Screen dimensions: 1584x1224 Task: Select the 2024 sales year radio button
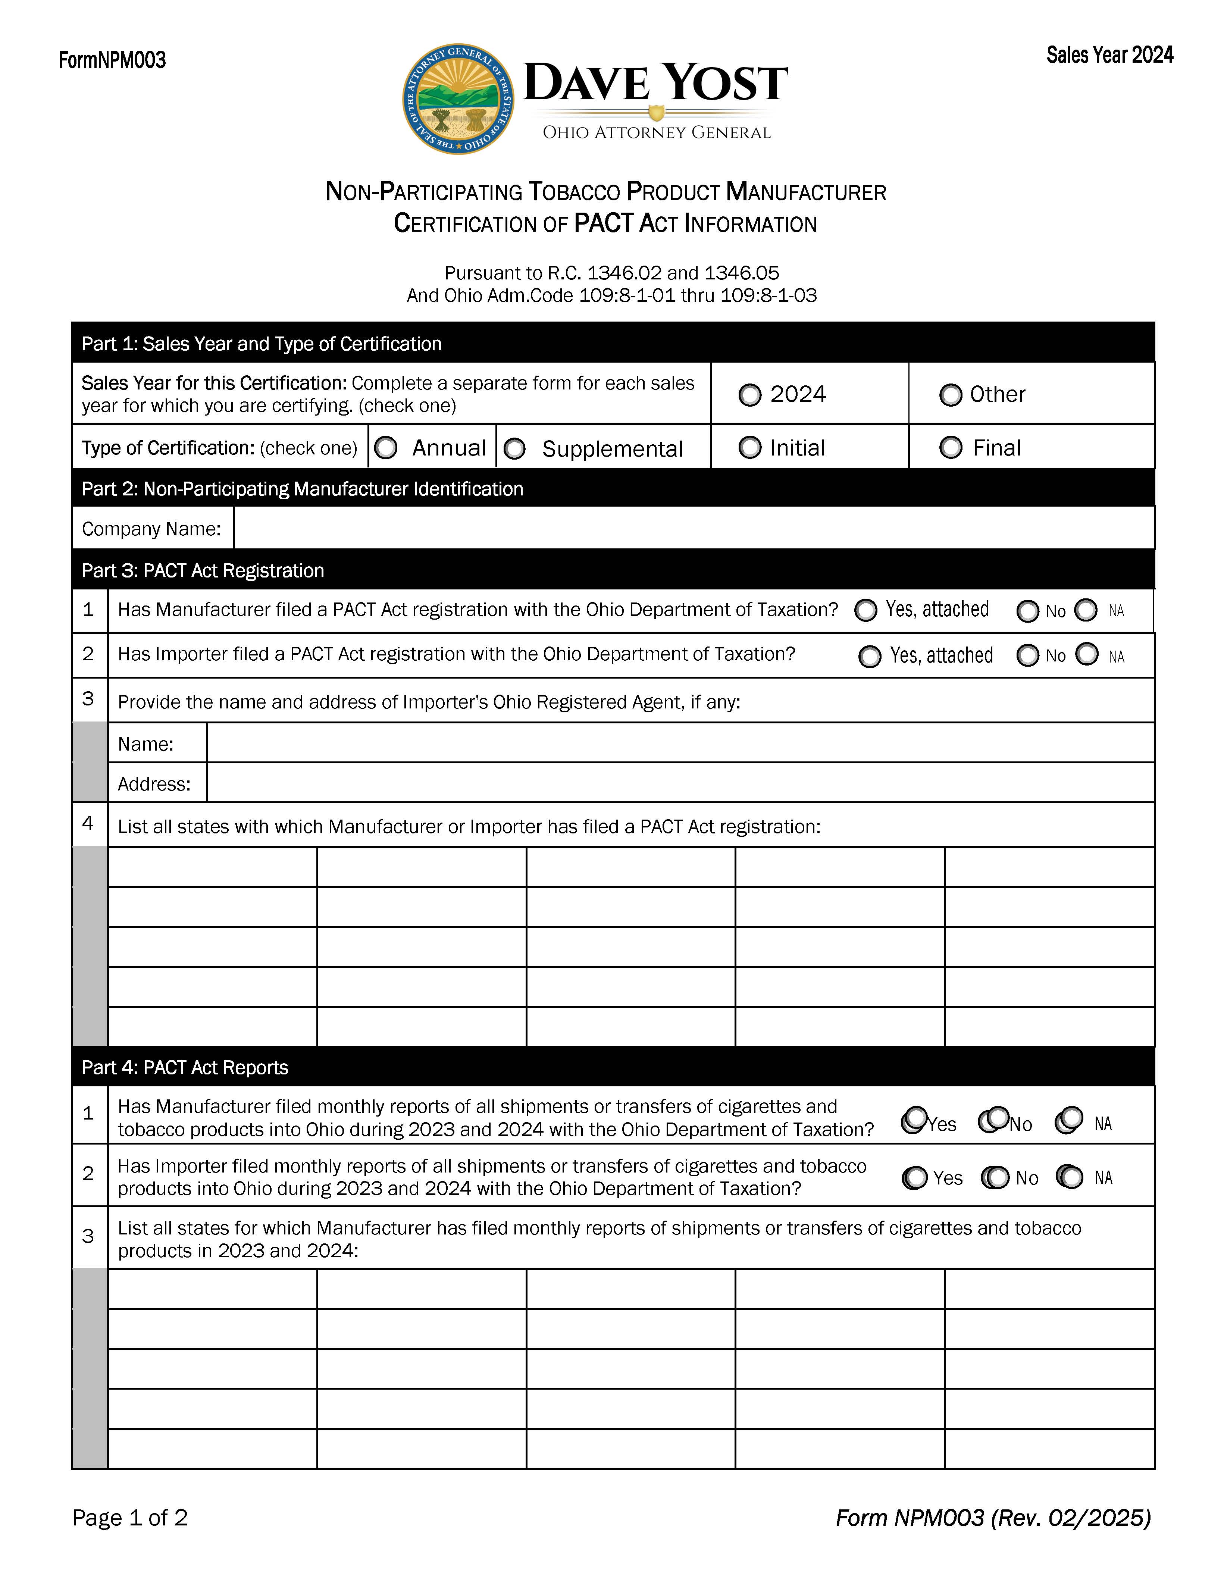click(x=750, y=395)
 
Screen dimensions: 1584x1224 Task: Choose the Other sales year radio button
click(x=950, y=395)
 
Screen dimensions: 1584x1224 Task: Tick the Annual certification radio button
click(x=386, y=448)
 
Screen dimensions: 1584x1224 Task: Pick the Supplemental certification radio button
click(x=514, y=449)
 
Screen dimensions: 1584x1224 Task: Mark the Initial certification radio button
click(x=750, y=448)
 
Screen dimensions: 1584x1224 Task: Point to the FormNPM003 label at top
click(x=112, y=60)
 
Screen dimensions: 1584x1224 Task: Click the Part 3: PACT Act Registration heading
click(x=203, y=571)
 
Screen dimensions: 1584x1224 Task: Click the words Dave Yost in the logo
click(x=655, y=83)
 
